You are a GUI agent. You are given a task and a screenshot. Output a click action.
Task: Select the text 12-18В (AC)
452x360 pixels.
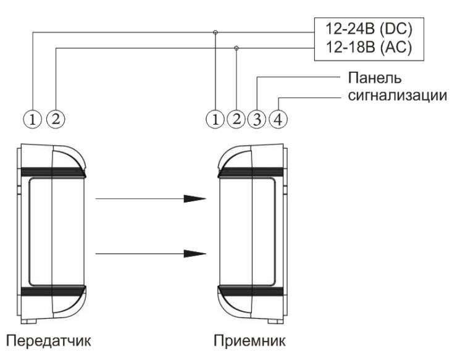click(359, 47)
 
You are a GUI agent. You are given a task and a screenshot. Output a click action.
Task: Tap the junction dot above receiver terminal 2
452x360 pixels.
click(236, 47)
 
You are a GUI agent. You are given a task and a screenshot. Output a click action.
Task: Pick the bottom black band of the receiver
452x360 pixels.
click(251, 291)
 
